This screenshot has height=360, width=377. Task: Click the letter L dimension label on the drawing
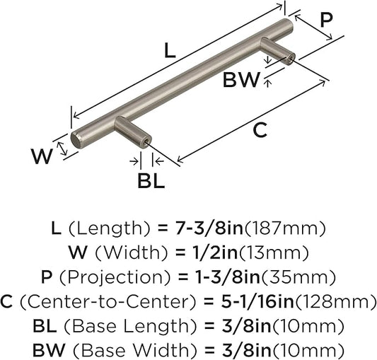pyautogui.click(x=170, y=51)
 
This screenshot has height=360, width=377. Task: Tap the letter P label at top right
pyautogui.click(x=327, y=20)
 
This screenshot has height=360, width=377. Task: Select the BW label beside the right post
pyautogui.click(x=241, y=80)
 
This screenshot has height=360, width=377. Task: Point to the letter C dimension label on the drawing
pyautogui.click(x=260, y=130)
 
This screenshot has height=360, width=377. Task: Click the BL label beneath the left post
pyautogui.click(x=151, y=181)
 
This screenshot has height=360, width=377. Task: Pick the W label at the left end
pyautogui.click(x=42, y=156)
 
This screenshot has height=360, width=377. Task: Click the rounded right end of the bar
pyautogui.click(x=289, y=25)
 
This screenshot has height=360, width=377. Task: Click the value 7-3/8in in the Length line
pyautogui.click(x=207, y=228)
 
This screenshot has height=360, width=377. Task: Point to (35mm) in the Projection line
pyautogui.click(x=298, y=277)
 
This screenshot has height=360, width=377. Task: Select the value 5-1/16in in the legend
pyautogui.click(x=257, y=302)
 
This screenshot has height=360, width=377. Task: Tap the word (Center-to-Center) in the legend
pyautogui.click(x=108, y=302)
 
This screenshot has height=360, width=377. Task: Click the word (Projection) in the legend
pyautogui.click(x=115, y=278)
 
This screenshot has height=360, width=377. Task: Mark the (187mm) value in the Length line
pyautogui.click(x=284, y=228)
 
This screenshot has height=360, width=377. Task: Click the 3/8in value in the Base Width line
pyautogui.click(x=247, y=351)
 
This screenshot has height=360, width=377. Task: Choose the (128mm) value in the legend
pyautogui.click(x=335, y=302)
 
